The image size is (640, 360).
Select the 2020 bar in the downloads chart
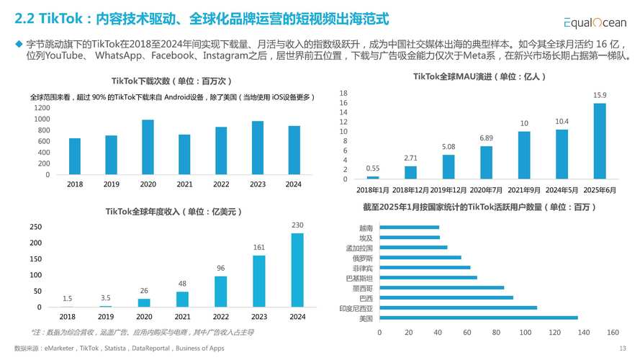click(148, 147)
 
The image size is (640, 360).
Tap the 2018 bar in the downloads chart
click(74, 156)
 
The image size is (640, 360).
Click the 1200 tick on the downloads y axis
click(42, 107)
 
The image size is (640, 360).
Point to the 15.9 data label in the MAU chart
click(599, 95)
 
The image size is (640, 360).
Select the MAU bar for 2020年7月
click(486, 162)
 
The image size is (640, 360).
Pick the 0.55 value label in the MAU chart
click(372, 168)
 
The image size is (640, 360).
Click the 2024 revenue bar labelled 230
click(297, 270)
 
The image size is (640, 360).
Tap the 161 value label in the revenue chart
click(258, 247)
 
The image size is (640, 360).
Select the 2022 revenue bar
click(220, 292)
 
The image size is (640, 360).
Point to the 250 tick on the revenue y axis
click(35, 227)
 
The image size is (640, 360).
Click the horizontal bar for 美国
click(478, 318)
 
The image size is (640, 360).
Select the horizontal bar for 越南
click(409, 228)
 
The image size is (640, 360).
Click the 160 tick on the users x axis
click(613, 333)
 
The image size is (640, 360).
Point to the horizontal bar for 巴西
click(446, 297)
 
